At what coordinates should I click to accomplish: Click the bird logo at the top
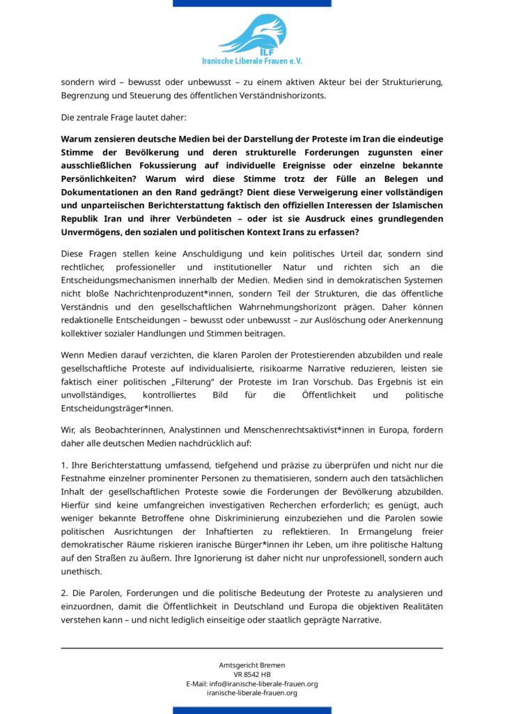coord(253,32)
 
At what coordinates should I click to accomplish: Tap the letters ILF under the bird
coord(252,51)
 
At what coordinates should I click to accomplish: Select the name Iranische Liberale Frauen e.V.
coord(252,61)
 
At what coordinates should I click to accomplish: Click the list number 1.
coord(64,465)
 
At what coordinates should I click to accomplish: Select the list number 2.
coord(64,593)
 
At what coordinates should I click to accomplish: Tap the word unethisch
coord(82,571)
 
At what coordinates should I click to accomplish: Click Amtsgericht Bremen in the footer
coord(252,665)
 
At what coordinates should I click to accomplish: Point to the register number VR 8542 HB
coord(252,674)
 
